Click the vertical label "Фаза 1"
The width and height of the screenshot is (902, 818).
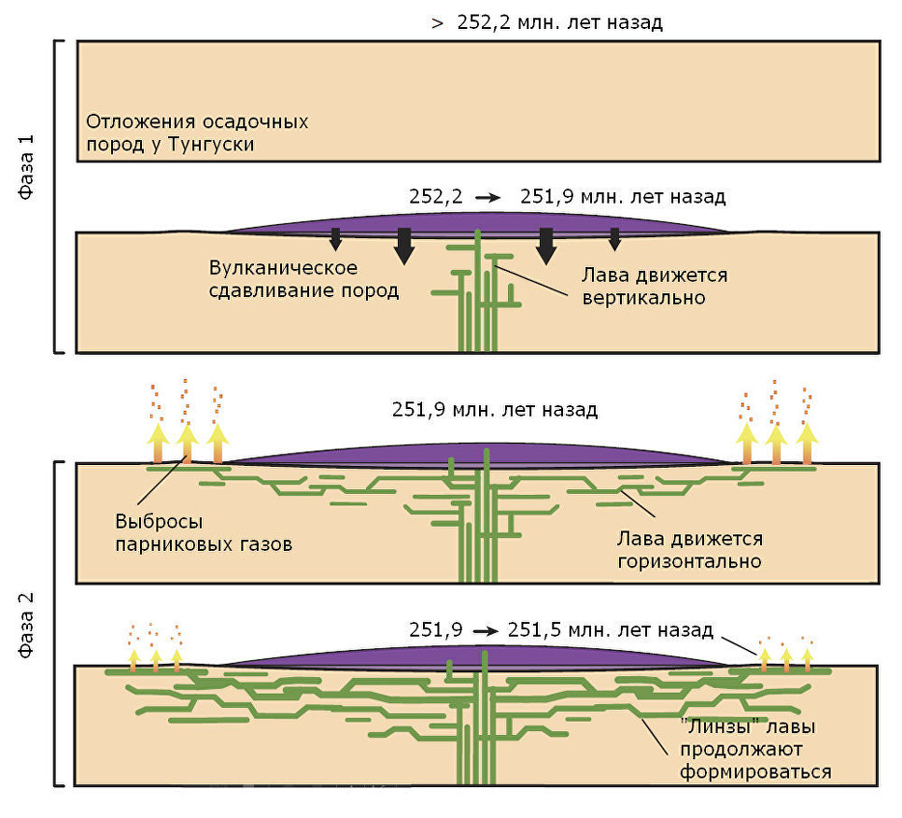click(x=26, y=167)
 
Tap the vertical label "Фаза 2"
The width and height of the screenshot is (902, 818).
click(x=26, y=625)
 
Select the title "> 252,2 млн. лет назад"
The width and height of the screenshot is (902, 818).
click(x=547, y=23)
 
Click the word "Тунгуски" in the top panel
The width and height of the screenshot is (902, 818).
click(x=210, y=144)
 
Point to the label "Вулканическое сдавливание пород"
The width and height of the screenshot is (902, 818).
click(x=303, y=279)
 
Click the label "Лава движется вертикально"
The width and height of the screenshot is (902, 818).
click(x=655, y=287)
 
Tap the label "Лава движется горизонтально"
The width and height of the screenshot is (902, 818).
click(x=690, y=550)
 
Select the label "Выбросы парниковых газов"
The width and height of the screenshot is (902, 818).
click(x=204, y=532)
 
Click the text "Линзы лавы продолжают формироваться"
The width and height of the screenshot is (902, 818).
click(x=755, y=749)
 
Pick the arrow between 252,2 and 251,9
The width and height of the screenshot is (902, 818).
click(x=487, y=198)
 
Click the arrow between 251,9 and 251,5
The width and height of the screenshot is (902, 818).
click(x=486, y=631)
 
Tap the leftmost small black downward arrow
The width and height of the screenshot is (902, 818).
click(x=335, y=239)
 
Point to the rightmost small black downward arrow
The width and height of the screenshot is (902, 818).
click(x=614, y=239)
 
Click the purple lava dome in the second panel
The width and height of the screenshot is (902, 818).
click(x=477, y=224)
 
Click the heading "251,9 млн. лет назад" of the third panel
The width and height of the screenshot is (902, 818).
click(x=495, y=410)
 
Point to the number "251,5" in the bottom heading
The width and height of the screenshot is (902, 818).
click(x=529, y=630)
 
